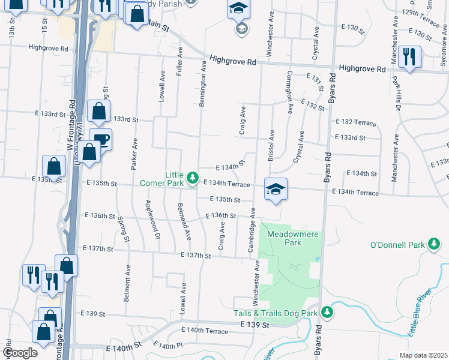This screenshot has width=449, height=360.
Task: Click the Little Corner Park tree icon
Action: [x=192, y=178]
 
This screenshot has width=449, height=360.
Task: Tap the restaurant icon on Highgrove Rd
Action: [x=409, y=57]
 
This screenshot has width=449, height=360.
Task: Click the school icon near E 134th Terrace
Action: [x=276, y=190]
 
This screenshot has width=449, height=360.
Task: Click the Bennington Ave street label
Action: [x=203, y=83]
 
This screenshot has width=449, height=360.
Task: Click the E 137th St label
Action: [x=196, y=256]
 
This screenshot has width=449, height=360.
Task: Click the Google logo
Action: [x=20, y=353]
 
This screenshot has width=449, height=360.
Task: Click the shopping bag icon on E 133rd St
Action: [x=98, y=112]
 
